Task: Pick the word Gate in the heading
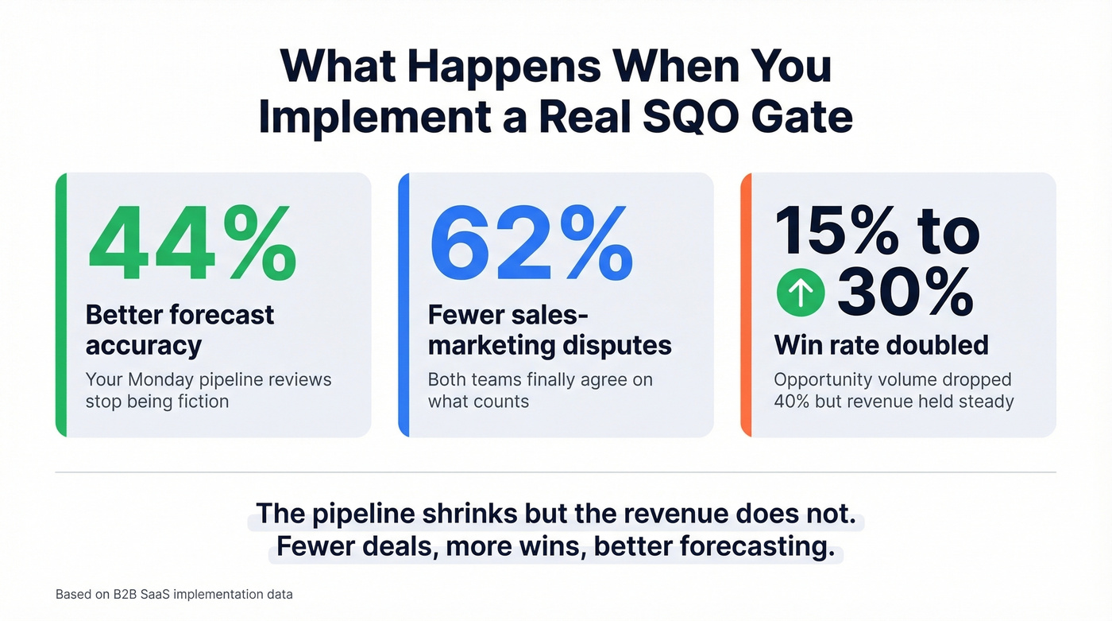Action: [x=802, y=117]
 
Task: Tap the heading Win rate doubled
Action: [x=881, y=345]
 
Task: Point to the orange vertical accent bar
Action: [x=745, y=305]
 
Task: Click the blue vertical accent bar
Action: [x=403, y=305]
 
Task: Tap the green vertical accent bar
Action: [x=60, y=305]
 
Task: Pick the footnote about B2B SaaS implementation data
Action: [x=174, y=594]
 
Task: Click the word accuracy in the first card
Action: [x=144, y=345]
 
